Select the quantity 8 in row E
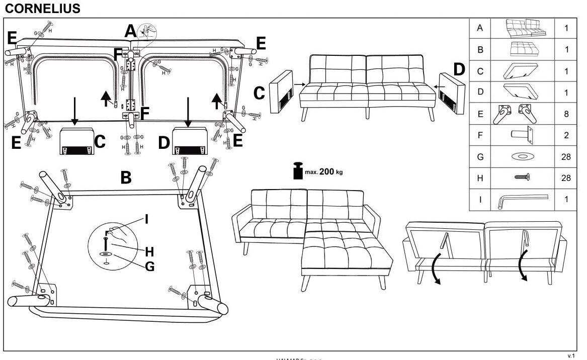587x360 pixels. click(567, 114)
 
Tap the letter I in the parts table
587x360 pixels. click(480, 200)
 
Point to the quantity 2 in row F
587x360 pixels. click(567, 136)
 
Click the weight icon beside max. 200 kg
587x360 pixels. click(297, 170)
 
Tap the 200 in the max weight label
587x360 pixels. click(327, 171)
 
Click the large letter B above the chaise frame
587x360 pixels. click(126, 177)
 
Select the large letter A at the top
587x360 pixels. click(130, 32)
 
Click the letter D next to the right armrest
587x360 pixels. click(459, 69)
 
